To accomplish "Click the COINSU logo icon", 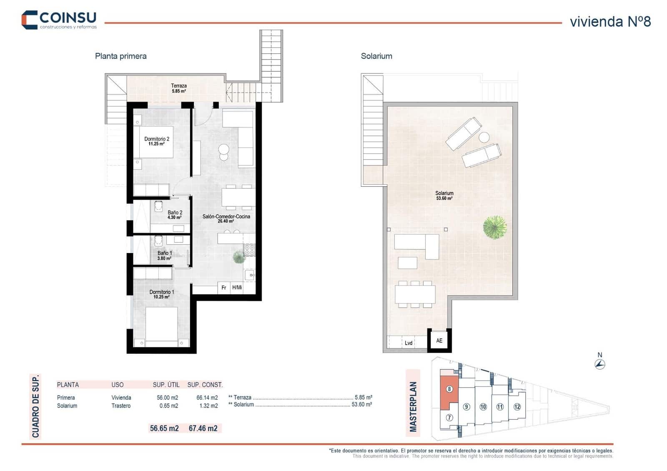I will click(30, 20).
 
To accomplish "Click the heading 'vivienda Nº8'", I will click(610, 22).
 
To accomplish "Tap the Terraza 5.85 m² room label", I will click(178, 88).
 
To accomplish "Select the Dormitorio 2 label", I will click(157, 141).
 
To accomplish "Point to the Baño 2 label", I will click(175, 215).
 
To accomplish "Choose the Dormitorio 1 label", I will click(161, 294).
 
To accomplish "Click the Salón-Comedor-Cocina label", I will click(226, 218).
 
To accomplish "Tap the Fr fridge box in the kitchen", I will click(224, 288).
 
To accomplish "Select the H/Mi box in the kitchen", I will click(237, 288).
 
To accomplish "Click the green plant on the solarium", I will click(495, 227).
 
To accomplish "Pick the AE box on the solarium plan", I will click(439, 341).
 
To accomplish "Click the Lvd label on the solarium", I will click(409, 343).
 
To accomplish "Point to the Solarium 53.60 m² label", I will click(444, 195).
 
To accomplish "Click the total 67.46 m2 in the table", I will click(203, 428).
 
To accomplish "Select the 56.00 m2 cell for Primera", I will click(167, 398).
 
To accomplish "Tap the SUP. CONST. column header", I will click(205, 385).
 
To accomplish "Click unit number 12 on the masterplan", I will click(517, 407).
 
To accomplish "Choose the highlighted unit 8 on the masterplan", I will click(449, 389).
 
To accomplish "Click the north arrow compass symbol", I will click(599, 364).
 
